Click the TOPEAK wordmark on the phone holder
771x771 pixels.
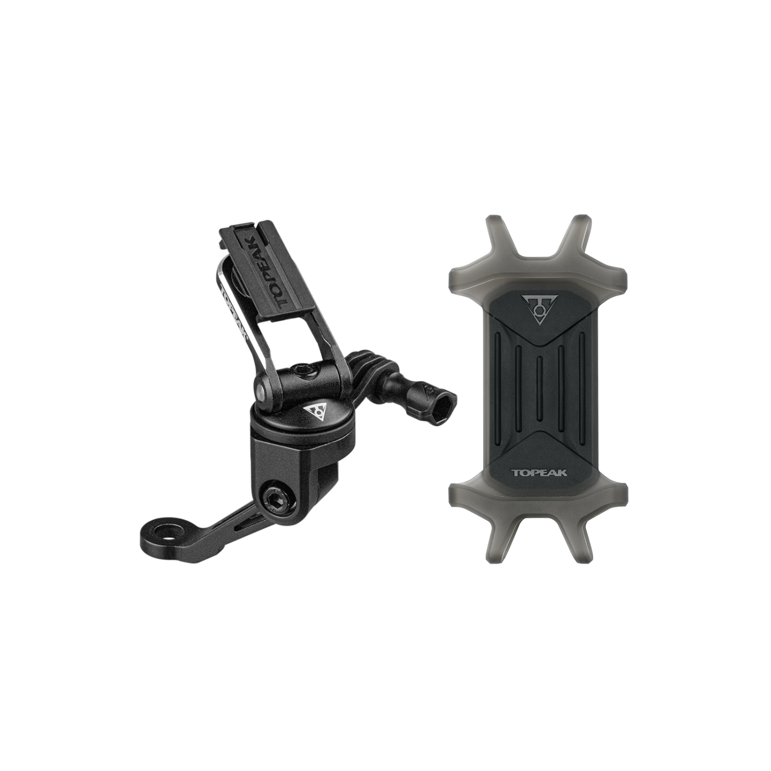[x=539, y=472]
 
